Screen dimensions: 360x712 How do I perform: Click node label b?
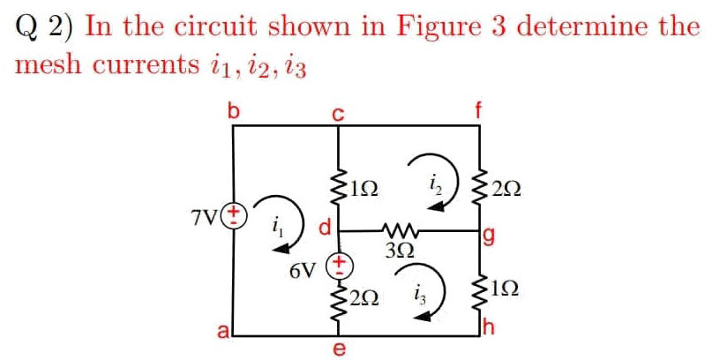click(234, 112)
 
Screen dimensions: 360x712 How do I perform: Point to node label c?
click(337, 113)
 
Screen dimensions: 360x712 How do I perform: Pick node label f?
click(479, 111)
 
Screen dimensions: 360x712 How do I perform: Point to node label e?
click(339, 350)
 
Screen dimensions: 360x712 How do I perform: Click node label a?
click(224, 331)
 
